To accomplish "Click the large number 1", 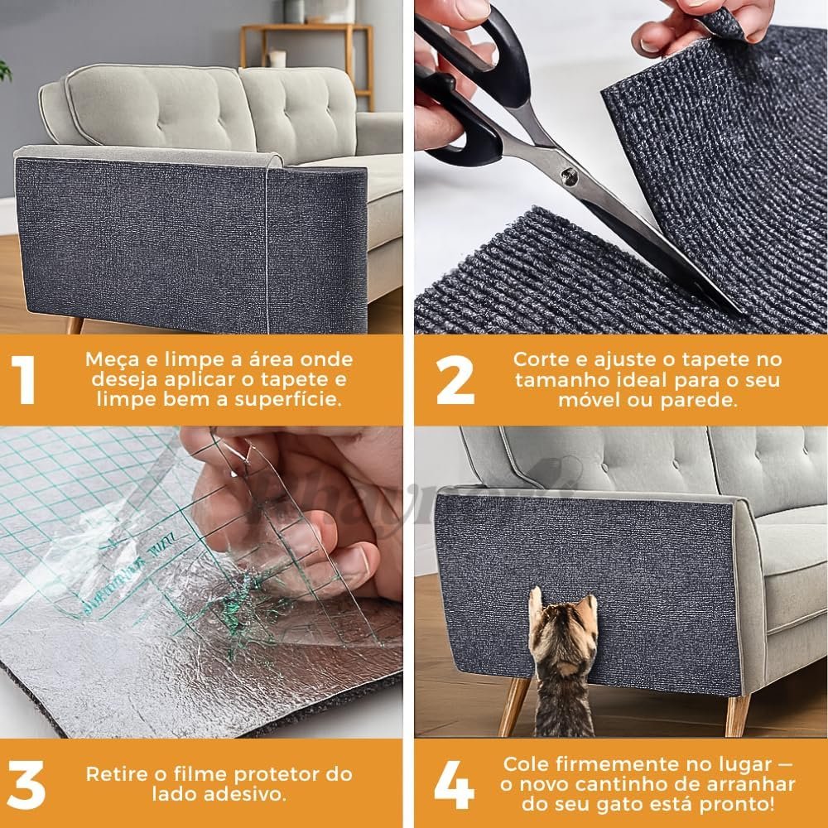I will (x=25, y=379).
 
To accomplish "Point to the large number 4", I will (x=454, y=784).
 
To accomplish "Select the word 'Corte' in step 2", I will (x=539, y=360).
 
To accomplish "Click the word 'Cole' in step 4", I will (x=525, y=763).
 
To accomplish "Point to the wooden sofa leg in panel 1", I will (x=75, y=324).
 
